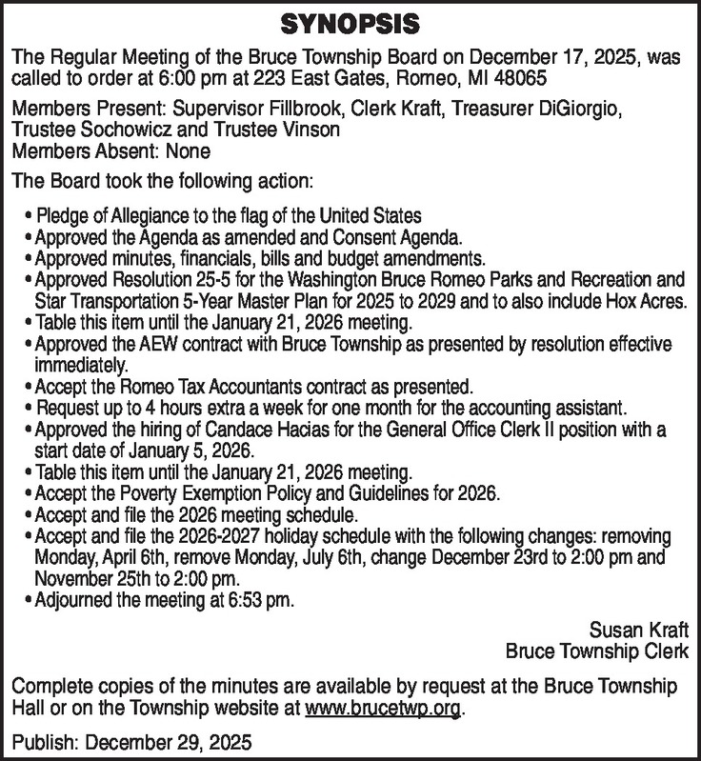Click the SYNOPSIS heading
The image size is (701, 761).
point(350,21)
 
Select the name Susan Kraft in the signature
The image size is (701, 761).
point(641,631)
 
